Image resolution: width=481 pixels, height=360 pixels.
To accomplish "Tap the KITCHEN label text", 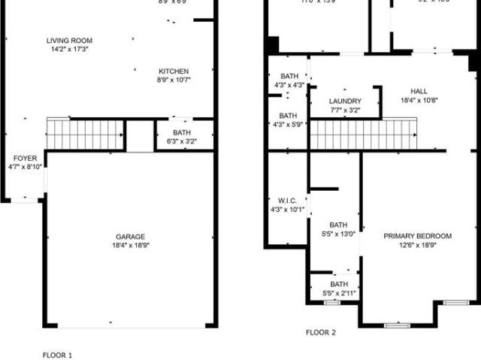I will coord(173,71).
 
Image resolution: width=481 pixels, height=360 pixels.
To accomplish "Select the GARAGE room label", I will coord(130,236).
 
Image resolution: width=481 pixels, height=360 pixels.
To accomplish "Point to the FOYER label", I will coord(24,158).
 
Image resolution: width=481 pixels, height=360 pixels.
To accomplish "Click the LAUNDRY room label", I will coord(345,101).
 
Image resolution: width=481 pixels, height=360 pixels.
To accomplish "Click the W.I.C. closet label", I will coord(287,201).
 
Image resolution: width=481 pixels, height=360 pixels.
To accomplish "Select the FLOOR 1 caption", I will coord(57,354).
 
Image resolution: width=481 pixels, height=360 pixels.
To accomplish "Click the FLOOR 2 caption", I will coord(321,331).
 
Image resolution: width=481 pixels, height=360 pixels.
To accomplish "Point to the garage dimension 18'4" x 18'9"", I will coord(130,245).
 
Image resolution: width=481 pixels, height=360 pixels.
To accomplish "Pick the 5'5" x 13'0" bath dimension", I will coord(338,234).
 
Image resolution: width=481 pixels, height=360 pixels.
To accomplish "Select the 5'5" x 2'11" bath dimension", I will coord(338,293).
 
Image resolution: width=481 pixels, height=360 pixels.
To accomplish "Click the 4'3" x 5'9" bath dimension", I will coord(289,125).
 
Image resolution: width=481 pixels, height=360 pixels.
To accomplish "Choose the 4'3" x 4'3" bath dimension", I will coord(289,86).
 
